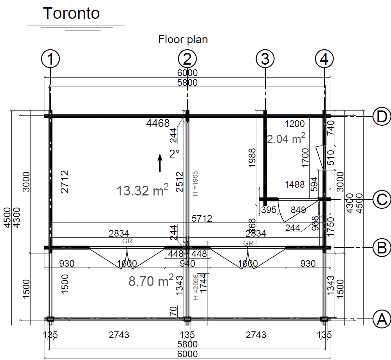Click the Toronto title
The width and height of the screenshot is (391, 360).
[71, 13]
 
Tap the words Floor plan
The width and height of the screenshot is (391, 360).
[183, 39]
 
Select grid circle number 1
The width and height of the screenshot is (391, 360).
[50, 60]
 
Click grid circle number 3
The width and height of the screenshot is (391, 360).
[265, 60]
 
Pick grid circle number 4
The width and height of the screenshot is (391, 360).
[324, 60]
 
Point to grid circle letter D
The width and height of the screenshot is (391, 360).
[381, 116]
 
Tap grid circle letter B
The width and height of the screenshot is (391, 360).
[381, 247]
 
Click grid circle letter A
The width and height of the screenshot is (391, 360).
[381, 319]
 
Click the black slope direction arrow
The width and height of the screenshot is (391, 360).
[160, 163]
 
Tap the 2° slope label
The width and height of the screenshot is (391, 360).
[174, 154]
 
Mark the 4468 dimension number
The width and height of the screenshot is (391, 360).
[158, 123]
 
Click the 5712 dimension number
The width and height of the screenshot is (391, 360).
[202, 219]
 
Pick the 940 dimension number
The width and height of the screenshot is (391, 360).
[187, 264]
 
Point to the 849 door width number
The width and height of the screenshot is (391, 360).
[299, 210]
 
